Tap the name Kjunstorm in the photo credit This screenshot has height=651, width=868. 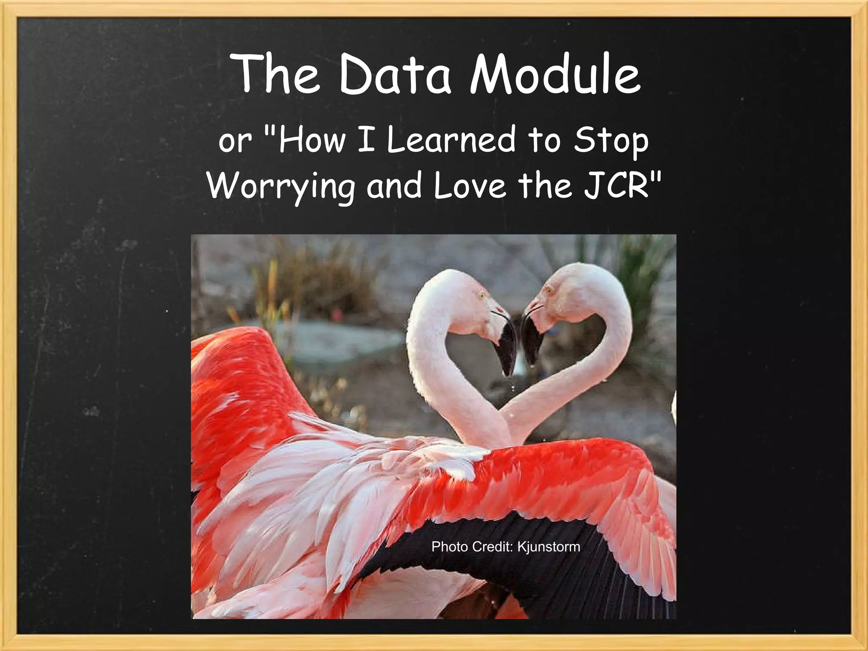549,547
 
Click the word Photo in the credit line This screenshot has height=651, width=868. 450,547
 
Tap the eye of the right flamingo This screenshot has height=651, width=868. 550,290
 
